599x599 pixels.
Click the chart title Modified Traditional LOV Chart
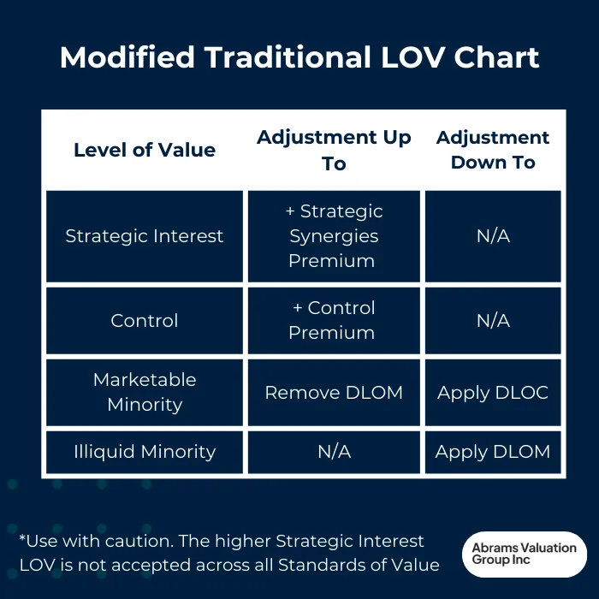coord(299,57)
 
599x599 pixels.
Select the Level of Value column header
coord(145,151)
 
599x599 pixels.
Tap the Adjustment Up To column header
coord(334,151)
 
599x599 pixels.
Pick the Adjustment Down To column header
coord(493,151)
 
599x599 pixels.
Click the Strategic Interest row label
coord(145,236)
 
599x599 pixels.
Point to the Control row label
coord(145,321)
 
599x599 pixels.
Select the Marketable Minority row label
coord(145,392)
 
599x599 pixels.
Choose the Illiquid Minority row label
coord(145,452)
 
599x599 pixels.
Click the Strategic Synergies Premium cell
coord(334,236)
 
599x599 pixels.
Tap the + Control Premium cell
coord(334,321)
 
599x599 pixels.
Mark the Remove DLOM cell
coord(334,393)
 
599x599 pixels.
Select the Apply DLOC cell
coord(493,393)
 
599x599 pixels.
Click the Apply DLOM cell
coord(493,452)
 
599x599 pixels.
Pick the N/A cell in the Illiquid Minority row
coord(334,452)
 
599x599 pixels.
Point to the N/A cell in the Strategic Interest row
coord(493,236)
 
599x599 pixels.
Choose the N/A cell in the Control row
coord(493,321)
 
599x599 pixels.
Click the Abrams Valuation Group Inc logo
coord(524,554)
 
